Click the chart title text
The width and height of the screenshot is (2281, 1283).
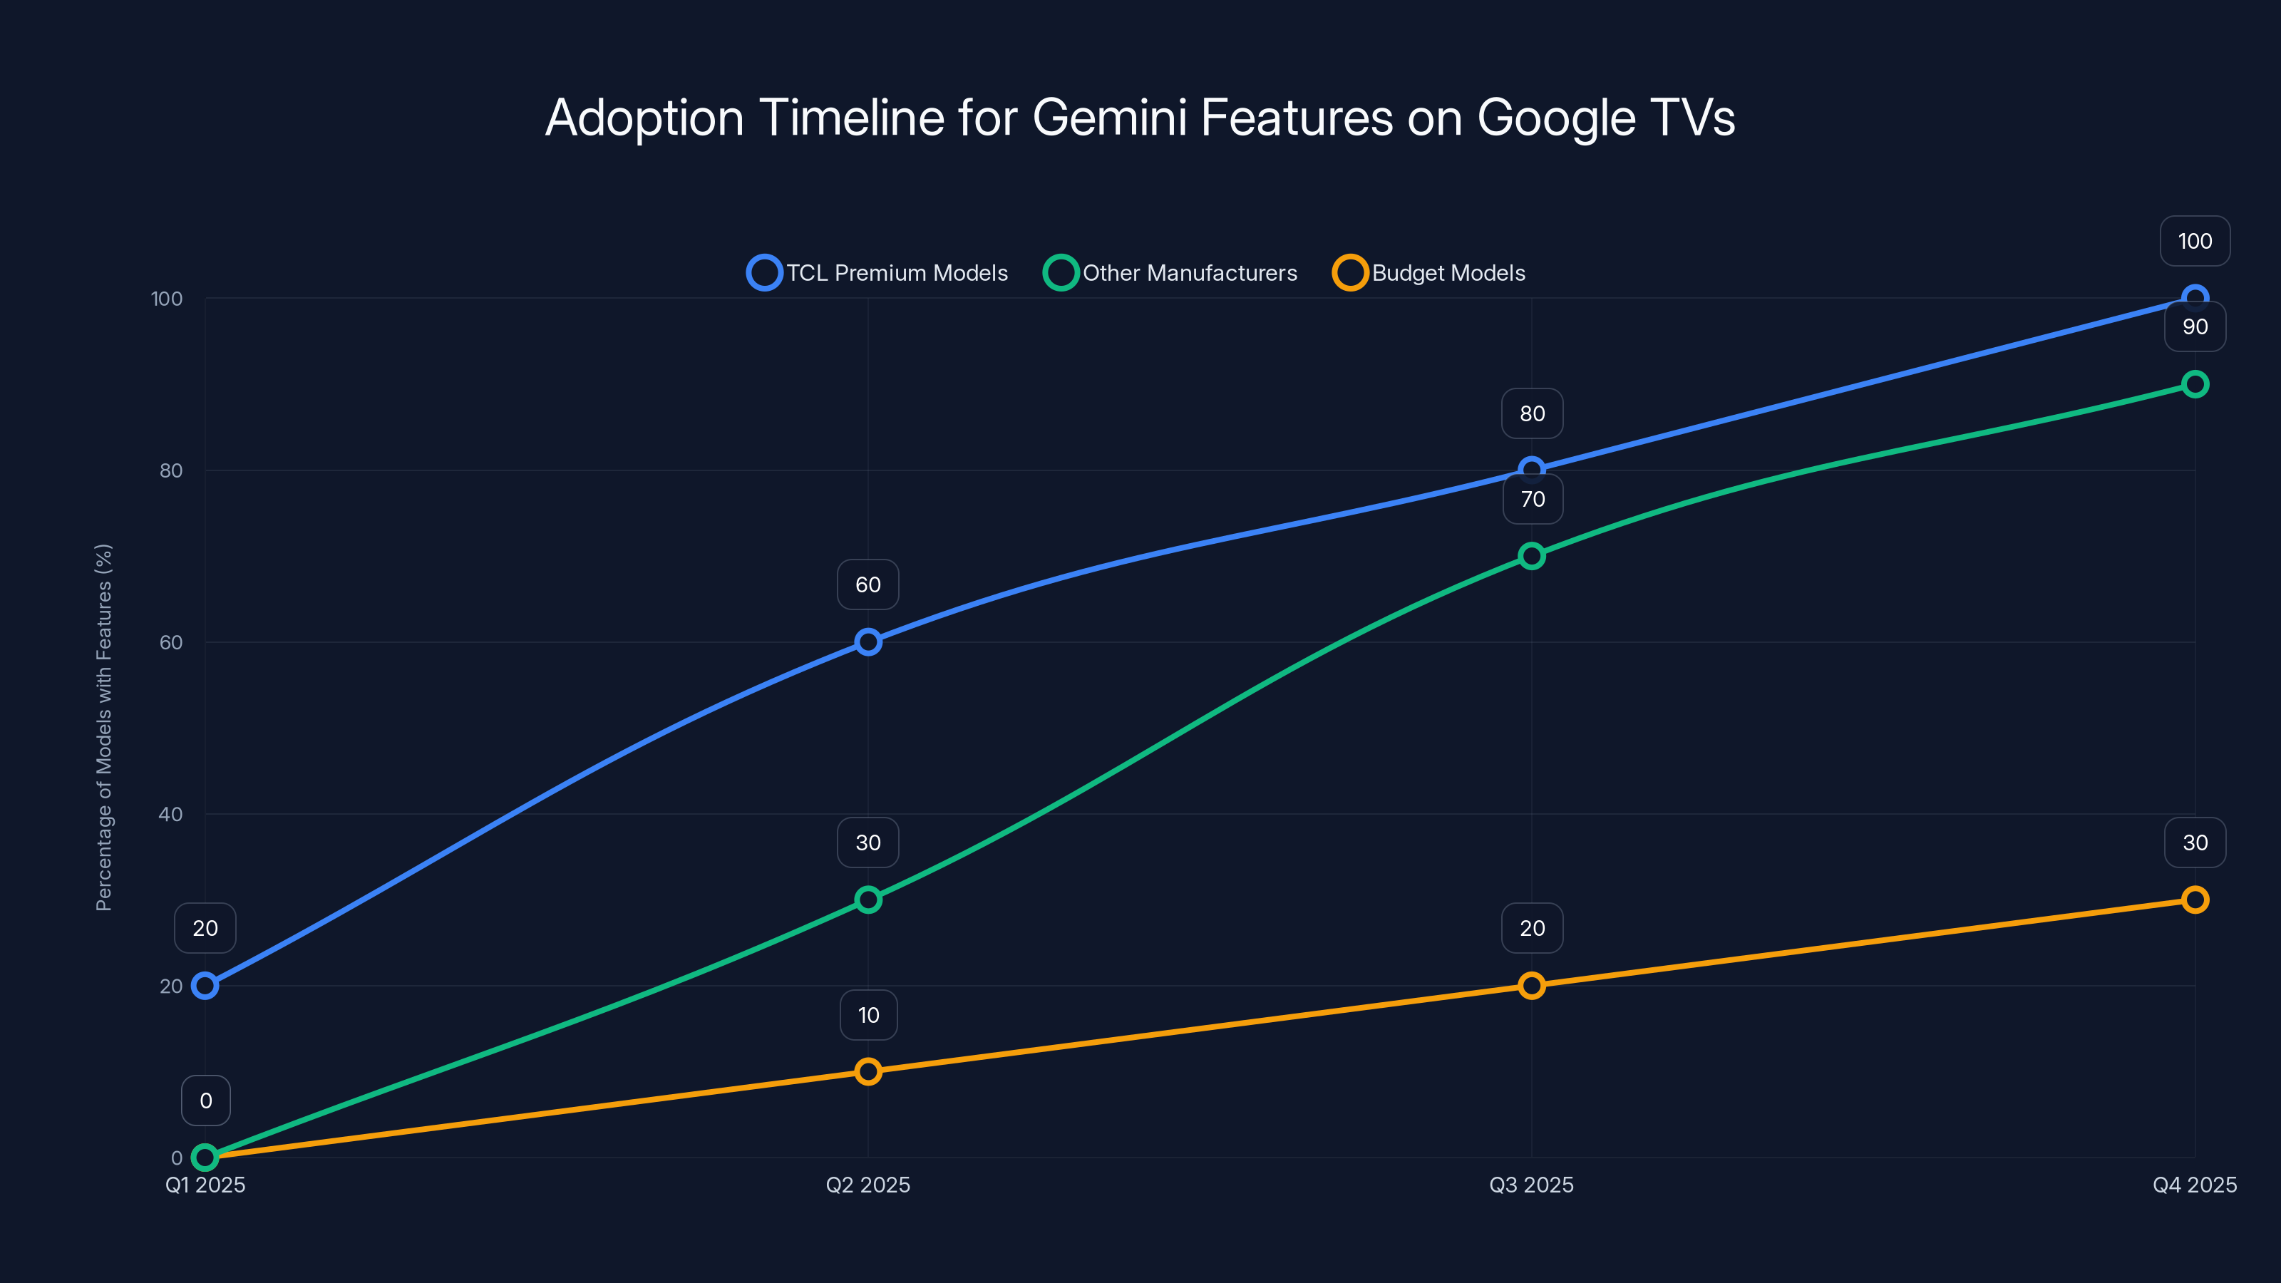(x=1140, y=118)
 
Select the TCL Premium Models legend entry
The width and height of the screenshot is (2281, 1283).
(x=877, y=273)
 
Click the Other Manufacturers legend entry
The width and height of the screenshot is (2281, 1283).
(x=1170, y=273)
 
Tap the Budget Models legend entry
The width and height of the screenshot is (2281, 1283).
(x=1429, y=273)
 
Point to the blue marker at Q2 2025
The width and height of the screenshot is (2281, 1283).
(x=867, y=642)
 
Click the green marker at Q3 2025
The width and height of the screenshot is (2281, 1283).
(x=1531, y=556)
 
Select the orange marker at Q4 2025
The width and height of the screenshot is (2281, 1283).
(x=2194, y=900)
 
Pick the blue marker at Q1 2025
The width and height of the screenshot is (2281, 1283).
(x=205, y=986)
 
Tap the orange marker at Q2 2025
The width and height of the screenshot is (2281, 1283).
(x=867, y=1071)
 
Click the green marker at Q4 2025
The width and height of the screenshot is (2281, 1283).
(x=2194, y=384)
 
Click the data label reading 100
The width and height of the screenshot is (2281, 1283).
(x=2194, y=241)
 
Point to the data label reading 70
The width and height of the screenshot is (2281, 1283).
(x=1532, y=500)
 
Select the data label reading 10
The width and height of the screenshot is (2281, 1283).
(x=867, y=1015)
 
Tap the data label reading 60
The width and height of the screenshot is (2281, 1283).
(x=867, y=584)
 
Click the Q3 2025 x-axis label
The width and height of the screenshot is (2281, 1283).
(x=1531, y=1185)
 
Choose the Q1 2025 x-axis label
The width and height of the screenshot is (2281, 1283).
(x=205, y=1185)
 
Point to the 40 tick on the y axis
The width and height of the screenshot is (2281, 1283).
(x=170, y=814)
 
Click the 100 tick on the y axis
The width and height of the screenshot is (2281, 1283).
(x=167, y=299)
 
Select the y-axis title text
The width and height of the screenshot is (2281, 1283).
(x=103, y=727)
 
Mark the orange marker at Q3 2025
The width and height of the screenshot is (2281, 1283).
(x=1531, y=986)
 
